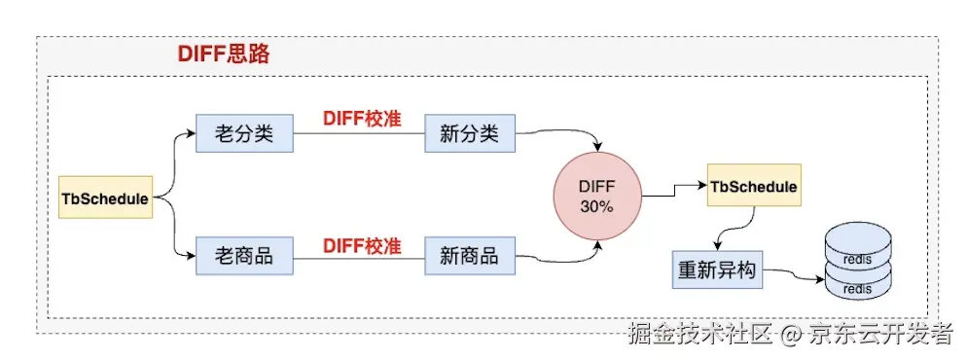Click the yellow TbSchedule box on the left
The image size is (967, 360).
pos(105,198)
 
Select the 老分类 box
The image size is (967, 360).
pos(244,133)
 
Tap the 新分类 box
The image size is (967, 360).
pos(469,133)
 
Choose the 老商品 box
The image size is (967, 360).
pos(244,256)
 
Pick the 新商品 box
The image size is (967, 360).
pos(469,256)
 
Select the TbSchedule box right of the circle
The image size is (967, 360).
pos(754,185)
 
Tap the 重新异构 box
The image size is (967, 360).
pos(716,270)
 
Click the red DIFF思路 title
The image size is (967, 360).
pos(224,54)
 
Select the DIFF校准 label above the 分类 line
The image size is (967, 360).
pos(362,119)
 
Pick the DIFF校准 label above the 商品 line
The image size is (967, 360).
pos(362,246)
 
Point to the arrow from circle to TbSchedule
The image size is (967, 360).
pos(675,190)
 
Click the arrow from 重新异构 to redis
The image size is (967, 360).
pos(796,275)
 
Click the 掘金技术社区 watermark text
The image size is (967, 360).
pos(701,334)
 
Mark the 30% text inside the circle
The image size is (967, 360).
pos(596,207)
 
